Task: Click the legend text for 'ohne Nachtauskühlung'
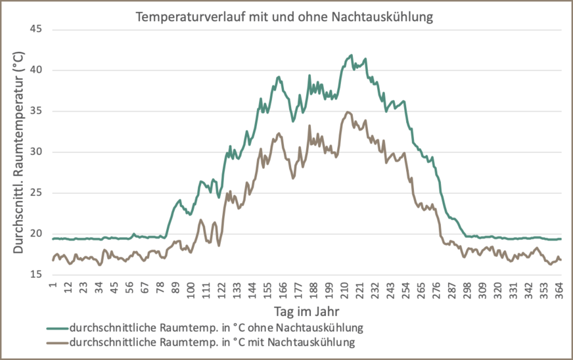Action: pyautogui.click(x=216, y=326)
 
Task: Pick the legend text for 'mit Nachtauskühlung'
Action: pyautogui.click(x=212, y=342)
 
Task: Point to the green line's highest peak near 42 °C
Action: pyautogui.click(x=351, y=55)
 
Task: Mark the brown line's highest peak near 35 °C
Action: pyautogui.click(x=348, y=112)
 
